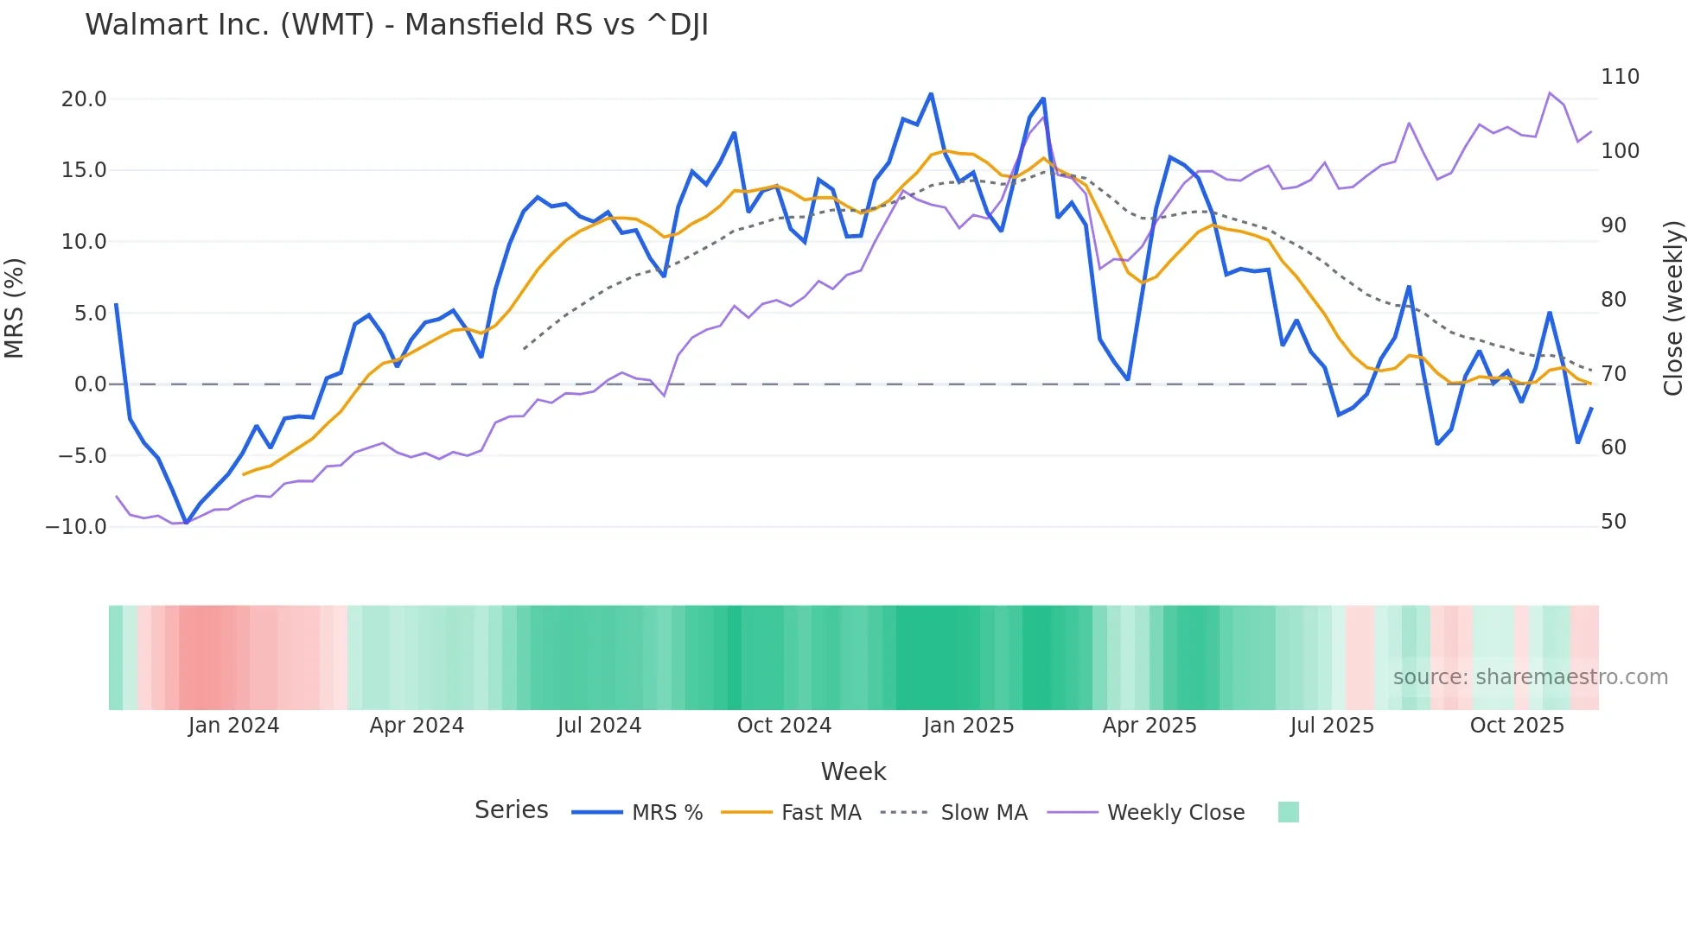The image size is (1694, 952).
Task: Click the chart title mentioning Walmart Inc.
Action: tap(396, 25)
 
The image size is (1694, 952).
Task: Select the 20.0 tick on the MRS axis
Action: tap(84, 99)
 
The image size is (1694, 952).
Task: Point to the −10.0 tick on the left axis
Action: tap(76, 527)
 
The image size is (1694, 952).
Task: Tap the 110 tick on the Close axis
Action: tap(1620, 77)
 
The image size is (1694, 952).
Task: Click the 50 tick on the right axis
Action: tap(1613, 522)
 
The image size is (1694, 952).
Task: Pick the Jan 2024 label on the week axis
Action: tap(233, 726)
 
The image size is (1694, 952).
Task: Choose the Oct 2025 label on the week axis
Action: tap(1517, 726)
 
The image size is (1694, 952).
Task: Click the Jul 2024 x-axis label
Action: tap(599, 726)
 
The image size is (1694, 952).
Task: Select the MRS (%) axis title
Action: tap(15, 308)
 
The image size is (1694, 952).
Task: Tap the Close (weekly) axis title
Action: tap(1673, 308)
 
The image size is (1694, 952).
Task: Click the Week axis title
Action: tap(853, 771)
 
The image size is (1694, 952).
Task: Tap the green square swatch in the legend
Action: tap(1288, 812)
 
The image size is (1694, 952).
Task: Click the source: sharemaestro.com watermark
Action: tap(1530, 677)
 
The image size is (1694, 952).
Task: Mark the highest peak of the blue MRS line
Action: tap(931, 93)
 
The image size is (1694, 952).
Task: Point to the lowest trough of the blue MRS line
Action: tap(186, 523)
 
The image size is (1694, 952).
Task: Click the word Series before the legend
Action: tap(511, 810)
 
